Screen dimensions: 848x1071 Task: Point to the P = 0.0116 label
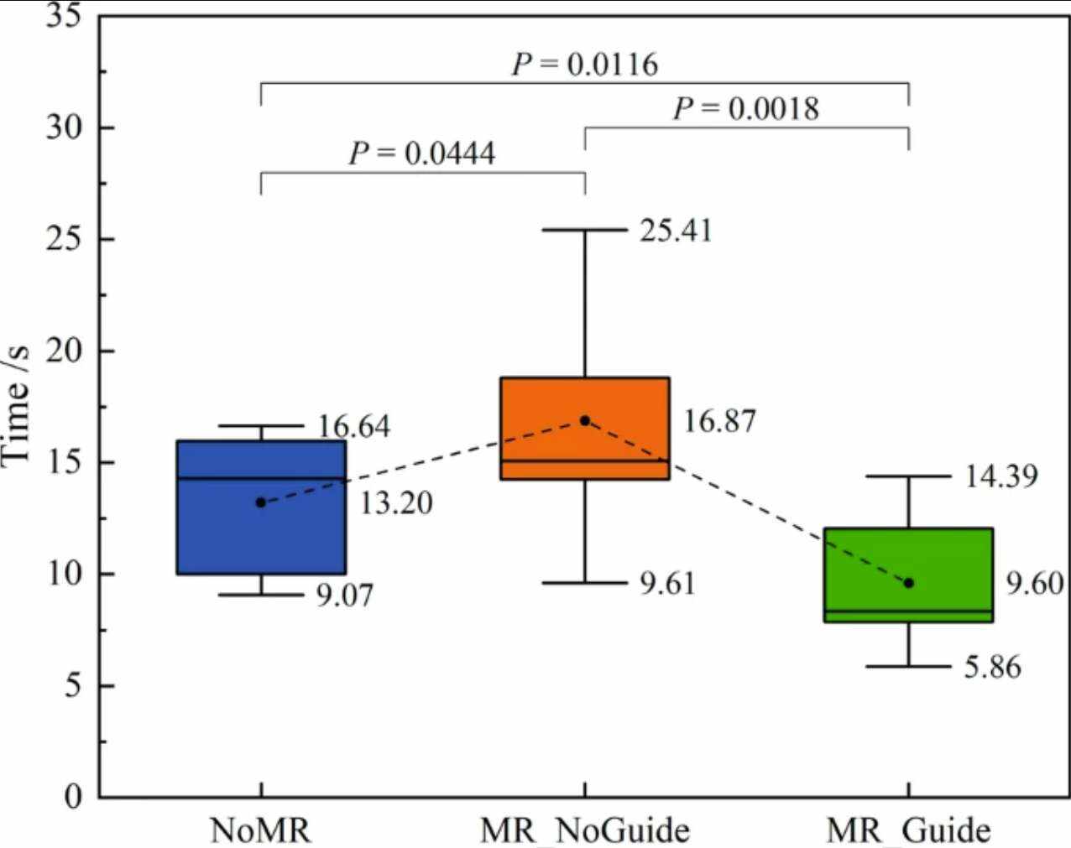tap(585, 65)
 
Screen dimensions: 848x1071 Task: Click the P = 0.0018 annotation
tap(746, 109)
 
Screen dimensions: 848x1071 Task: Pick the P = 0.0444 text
tap(422, 153)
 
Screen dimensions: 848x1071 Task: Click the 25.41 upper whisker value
tap(676, 231)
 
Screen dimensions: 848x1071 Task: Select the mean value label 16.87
tap(719, 421)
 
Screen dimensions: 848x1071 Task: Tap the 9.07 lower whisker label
tap(344, 596)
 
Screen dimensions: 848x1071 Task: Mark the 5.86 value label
tap(992, 668)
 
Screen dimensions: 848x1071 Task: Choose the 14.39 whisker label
tap(1000, 476)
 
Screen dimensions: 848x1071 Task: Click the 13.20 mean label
tap(396, 503)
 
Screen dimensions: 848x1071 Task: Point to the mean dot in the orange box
tap(585, 420)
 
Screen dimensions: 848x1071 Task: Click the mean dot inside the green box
tap(909, 583)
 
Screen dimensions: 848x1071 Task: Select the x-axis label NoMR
tap(260, 830)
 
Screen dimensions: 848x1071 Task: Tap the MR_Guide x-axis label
tap(908, 830)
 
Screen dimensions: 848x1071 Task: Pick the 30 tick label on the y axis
tap(63, 127)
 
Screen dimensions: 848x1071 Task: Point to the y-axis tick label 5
tap(73, 686)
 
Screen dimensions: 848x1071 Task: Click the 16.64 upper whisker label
tap(353, 426)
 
